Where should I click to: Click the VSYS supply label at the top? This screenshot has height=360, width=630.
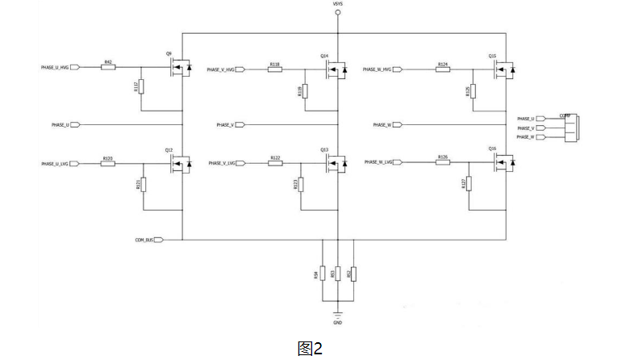[x=337, y=5]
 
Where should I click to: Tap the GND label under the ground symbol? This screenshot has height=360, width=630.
[x=337, y=322]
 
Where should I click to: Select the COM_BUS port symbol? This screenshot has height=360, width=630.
[x=158, y=240]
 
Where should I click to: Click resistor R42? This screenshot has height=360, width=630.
[x=108, y=67]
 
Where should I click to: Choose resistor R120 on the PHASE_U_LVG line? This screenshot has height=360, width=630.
[x=107, y=164]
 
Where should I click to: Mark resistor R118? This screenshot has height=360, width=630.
[x=275, y=69]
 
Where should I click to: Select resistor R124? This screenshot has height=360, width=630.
[x=443, y=69]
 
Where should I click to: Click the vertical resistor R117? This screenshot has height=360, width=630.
[x=141, y=86]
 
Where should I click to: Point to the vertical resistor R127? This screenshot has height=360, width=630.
[x=469, y=183]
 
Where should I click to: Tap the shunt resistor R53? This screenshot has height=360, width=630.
[x=337, y=274]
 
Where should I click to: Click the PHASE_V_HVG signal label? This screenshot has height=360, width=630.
[x=220, y=69]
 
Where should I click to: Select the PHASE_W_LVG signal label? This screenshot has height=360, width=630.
[x=378, y=162]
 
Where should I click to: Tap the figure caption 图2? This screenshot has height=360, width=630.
[x=311, y=348]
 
